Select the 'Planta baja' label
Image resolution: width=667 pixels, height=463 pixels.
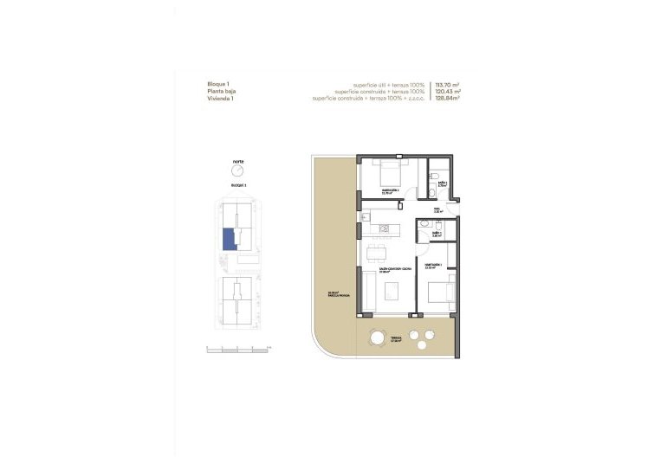pyautogui.click(x=221, y=91)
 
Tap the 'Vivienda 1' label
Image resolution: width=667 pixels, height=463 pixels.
pyautogui.click(x=220, y=99)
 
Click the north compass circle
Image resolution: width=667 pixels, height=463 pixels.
pyautogui.click(x=238, y=171)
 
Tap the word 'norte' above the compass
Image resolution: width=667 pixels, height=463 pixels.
pyautogui.click(x=238, y=162)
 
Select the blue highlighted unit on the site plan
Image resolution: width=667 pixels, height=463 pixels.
pyautogui.click(x=230, y=239)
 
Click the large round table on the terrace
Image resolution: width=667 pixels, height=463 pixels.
pyautogui.click(x=378, y=336)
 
